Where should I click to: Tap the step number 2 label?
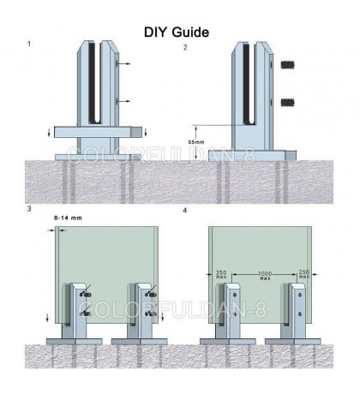[x=184, y=47]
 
